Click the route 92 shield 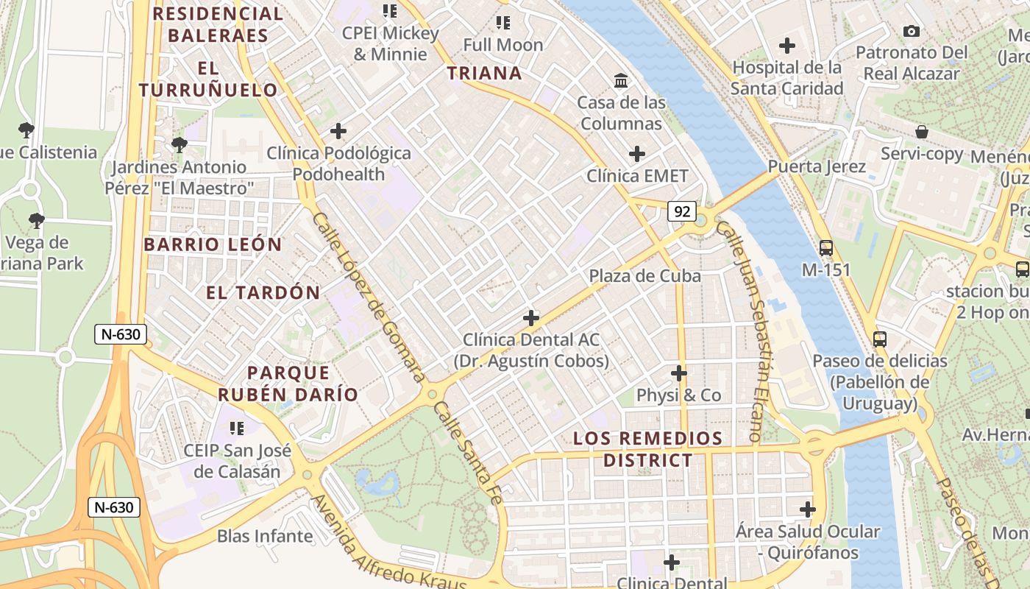[682, 212]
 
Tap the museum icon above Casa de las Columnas [621, 80]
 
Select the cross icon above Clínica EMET [637, 154]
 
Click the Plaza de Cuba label [644, 275]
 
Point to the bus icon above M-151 [826, 248]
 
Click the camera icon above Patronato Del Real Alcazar [912, 31]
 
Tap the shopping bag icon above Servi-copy [922, 132]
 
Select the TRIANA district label [485, 73]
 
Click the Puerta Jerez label [817, 166]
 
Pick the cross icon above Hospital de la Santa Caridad [787, 46]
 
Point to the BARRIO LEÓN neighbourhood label [213, 244]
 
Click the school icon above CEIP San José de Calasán [237, 428]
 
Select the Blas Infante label [265, 536]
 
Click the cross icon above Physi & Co [679, 373]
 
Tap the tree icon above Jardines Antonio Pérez [179, 145]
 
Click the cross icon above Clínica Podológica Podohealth [338, 131]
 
